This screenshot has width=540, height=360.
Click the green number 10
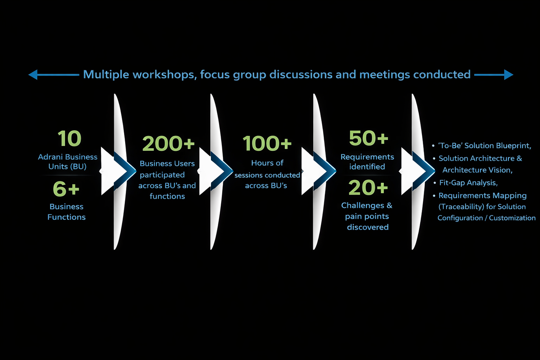click(x=69, y=139)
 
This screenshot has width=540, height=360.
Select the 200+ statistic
click(x=168, y=143)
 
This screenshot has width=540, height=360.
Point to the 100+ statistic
click(x=267, y=143)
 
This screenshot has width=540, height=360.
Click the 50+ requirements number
click(x=368, y=138)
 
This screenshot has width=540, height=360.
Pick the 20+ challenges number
click(x=368, y=188)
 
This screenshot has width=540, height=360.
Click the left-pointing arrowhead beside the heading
click(x=33, y=75)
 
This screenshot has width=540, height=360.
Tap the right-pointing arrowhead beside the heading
click(x=508, y=75)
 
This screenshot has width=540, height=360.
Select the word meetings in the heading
click(x=385, y=75)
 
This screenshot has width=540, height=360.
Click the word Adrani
click(x=49, y=157)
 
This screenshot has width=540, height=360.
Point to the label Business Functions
click(x=66, y=212)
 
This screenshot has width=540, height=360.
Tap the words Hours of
click(x=267, y=163)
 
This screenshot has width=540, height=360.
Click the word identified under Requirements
click(x=367, y=167)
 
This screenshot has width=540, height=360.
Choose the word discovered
click(x=368, y=227)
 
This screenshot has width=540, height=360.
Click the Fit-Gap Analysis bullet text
click(x=468, y=183)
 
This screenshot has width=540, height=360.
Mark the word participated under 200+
click(x=162, y=175)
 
